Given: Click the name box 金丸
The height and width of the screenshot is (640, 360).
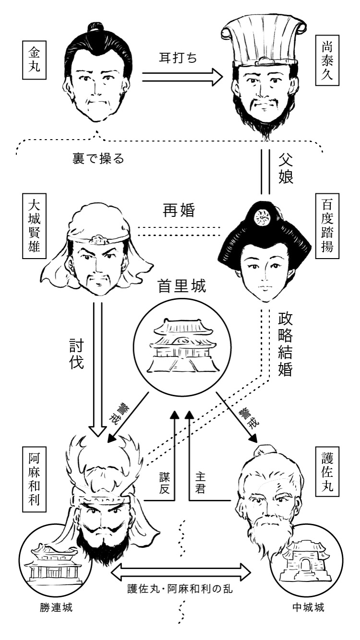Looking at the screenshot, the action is (x=34, y=59).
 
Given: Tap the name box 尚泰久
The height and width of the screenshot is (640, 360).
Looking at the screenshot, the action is (x=327, y=60).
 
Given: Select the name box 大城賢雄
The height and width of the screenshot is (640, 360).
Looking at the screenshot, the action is (x=34, y=225).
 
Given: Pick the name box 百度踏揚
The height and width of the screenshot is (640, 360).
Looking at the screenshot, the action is (x=327, y=225).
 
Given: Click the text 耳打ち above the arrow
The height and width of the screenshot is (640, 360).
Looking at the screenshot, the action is (x=178, y=58).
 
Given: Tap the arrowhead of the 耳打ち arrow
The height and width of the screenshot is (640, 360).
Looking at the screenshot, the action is (x=217, y=77).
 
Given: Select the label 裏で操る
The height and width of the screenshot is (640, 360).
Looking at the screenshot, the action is (x=98, y=159).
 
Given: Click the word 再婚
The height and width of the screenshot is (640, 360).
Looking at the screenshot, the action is (x=179, y=211).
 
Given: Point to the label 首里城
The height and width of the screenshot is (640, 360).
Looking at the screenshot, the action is (x=182, y=286).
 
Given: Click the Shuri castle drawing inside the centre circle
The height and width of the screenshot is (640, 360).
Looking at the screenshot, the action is (x=182, y=346).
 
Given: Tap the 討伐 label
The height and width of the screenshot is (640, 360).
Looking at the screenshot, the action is (x=76, y=354).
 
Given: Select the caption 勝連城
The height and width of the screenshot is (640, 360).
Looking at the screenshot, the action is (x=56, y=607).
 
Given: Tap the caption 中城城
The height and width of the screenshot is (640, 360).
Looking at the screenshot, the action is (x=308, y=607).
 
